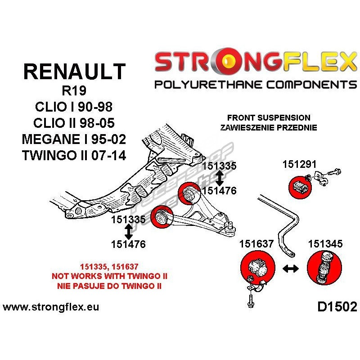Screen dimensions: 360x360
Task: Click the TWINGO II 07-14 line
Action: tap(75, 156)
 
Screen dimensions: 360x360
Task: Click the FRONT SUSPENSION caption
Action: tap(269, 118)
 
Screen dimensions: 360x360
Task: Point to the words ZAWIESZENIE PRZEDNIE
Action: tap(269, 127)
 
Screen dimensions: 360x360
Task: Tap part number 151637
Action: tap(256, 244)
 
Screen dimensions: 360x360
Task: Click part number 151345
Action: tap(325, 244)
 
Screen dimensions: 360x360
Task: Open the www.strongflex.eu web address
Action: tap(51, 308)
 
